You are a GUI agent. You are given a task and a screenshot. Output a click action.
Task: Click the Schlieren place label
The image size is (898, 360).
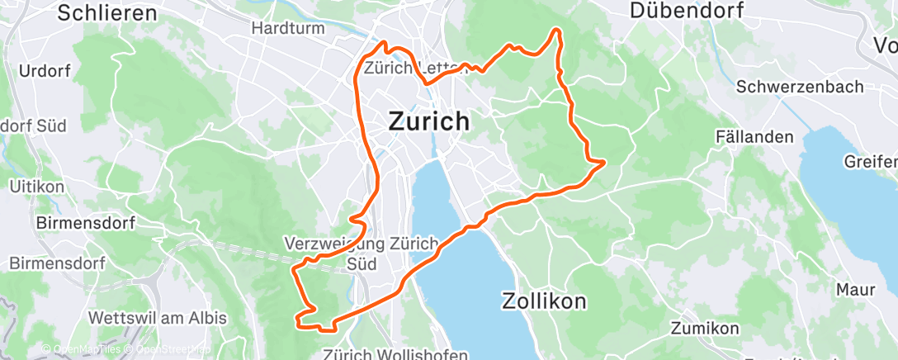click(x=108, y=12)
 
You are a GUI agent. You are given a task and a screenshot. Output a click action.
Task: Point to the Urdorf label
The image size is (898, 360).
click(x=44, y=70)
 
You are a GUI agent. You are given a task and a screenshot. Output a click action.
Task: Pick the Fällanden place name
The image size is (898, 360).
click(x=755, y=136)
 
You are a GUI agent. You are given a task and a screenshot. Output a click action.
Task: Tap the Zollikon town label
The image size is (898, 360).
click(x=544, y=301)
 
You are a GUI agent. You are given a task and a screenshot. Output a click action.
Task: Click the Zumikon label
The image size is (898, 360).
click(x=704, y=328)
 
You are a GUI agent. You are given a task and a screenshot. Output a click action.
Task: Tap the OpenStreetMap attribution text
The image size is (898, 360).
click(x=171, y=349)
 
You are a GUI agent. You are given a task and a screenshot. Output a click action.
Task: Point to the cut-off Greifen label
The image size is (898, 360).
click(x=871, y=161)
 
